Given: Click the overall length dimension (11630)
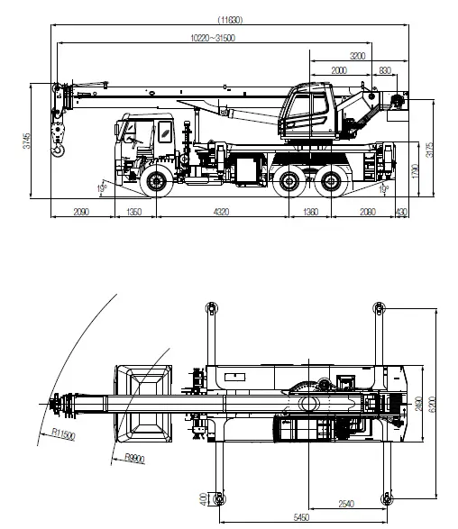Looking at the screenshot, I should (232, 20).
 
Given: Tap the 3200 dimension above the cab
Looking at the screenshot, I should (359, 55).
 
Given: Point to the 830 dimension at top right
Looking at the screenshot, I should (385, 69).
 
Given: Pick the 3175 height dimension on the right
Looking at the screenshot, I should (430, 150).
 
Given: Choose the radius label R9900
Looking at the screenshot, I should (134, 458).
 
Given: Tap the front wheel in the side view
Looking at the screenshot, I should (156, 182).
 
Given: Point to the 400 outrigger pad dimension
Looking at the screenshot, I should (204, 498).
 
